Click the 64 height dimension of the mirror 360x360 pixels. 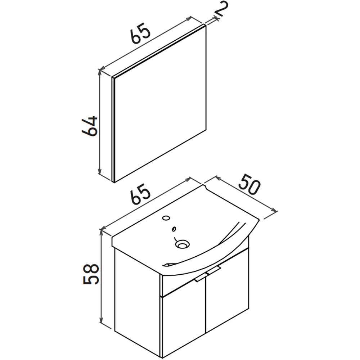pos(90,126)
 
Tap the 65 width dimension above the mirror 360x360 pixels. pos(140,33)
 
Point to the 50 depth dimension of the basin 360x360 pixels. pos(249,184)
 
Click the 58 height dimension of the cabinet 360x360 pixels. pos(91,274)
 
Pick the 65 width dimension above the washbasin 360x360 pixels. pos(140,194)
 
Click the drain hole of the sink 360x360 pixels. pos(183,244)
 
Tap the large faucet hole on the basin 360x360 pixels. pos(166,218)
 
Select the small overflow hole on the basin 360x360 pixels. pos(174,229)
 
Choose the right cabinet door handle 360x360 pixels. pos(213,270)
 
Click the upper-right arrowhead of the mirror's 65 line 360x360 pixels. pos(189,18)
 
